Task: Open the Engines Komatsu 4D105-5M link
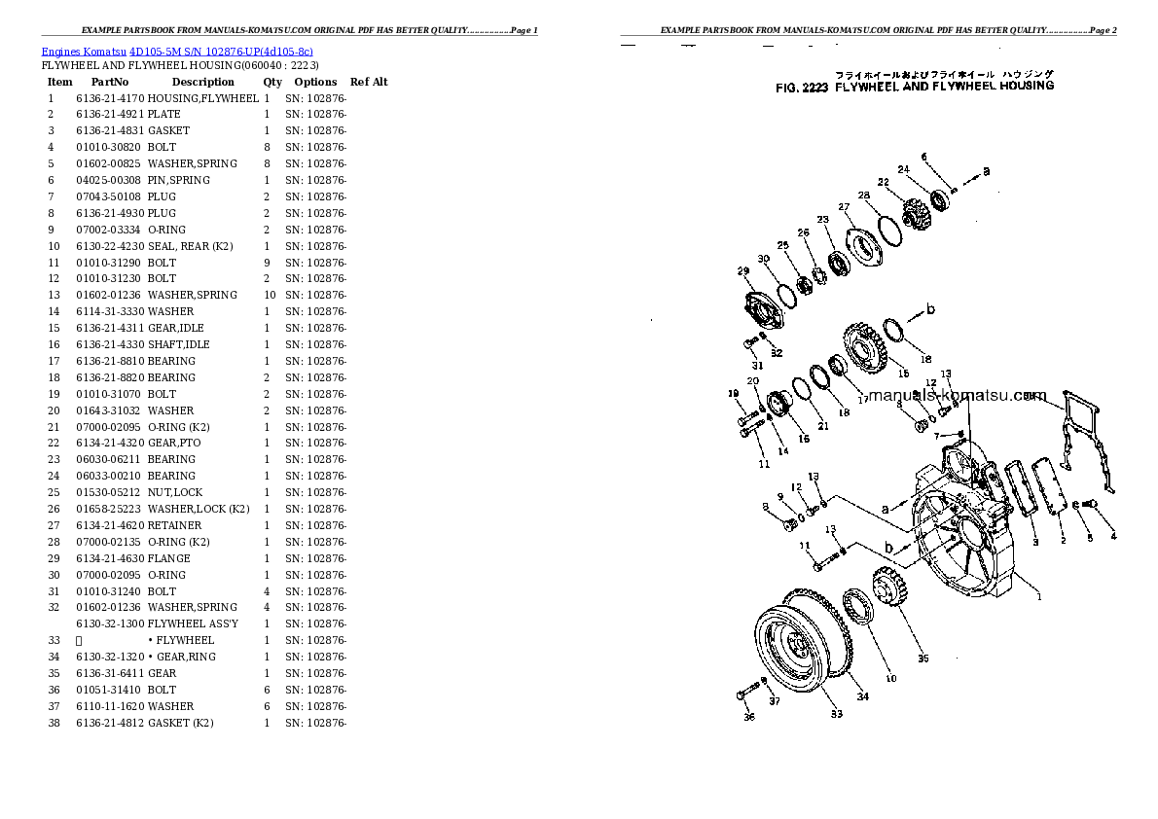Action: click(176, 51)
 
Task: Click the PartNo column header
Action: click(110, 83)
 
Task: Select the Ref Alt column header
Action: click(369, 83)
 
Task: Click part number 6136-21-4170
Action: click(110, 98)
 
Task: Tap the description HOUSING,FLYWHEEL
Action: click(203, 98)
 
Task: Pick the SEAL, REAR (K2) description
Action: click(190, 246)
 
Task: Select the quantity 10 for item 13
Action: click(270, 295)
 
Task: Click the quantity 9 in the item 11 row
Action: click(267, 263)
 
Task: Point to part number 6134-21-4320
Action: click(110, 444)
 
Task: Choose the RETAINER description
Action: click(175, 525)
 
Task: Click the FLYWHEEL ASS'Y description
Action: click(193, 623)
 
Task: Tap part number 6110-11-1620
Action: click(110, 706)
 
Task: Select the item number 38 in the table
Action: click(54, 723)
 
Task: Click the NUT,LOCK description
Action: click(177, 492)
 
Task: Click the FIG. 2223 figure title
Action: click(914, 86)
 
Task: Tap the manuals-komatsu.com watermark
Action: click(957, 396)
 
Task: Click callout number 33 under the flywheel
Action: click(836, 715)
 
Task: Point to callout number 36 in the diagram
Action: click(748, 719)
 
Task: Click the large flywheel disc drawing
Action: click(796, 648)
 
